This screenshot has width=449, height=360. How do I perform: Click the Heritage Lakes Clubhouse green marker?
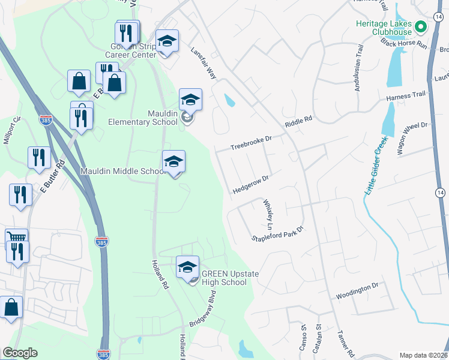(421, 26)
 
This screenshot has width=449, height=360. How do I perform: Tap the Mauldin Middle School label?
(124, 171)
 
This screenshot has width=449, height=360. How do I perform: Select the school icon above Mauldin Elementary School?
(190, 99)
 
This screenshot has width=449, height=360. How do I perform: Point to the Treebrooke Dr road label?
(252, 143)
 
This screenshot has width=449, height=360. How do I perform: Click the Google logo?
(20, 353)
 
